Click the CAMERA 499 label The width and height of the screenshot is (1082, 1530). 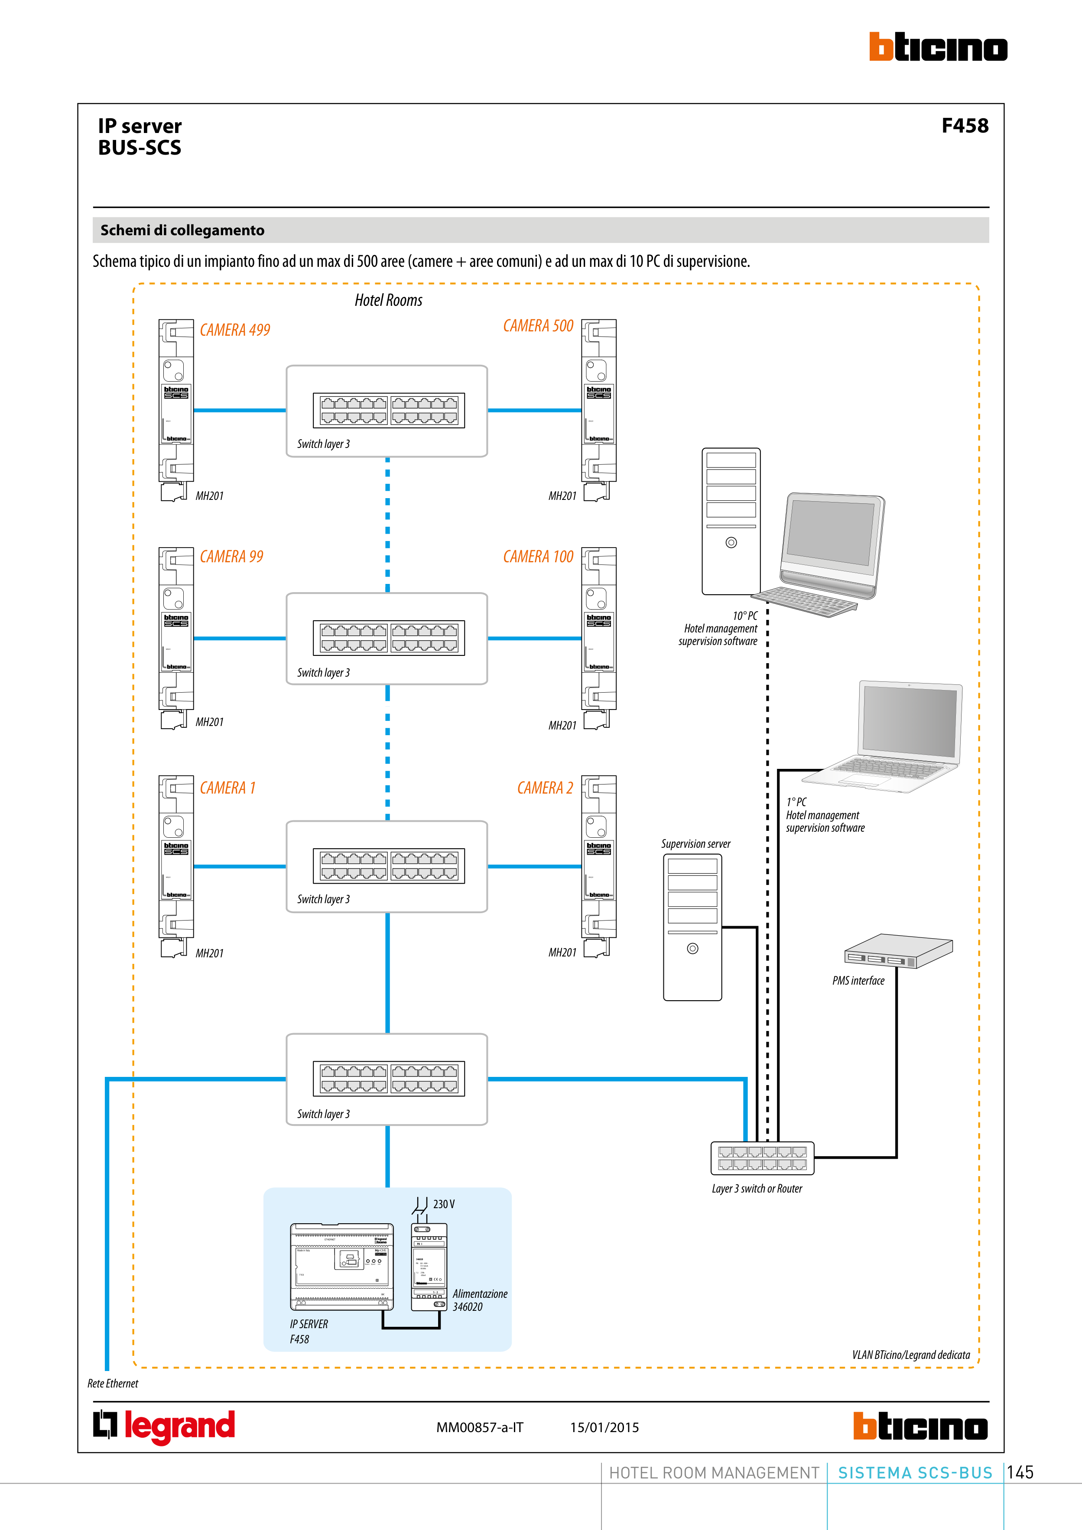pos(235,330)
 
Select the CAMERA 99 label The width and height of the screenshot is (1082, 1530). pos(231,557)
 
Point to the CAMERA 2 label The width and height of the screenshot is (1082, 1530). pos(545,788)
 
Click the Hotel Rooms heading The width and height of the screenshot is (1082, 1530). pos(388,301)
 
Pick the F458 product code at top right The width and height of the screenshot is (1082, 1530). pos(964,126)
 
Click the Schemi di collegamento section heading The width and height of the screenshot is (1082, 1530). pos(182,230)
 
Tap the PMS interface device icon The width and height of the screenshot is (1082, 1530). pos(897,951)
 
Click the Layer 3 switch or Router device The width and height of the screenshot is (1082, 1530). pos(762,1157)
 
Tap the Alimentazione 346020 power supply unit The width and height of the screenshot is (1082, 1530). pos(429,1267)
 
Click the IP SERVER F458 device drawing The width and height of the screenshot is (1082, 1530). pos(341,1266)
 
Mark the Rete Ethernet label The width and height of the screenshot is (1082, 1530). pos(113,1384)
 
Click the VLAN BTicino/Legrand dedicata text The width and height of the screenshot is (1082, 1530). pos(911,1355)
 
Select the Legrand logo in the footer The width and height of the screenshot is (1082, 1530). pos(164,1426)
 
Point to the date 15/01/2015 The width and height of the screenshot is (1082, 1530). pos(604,1427)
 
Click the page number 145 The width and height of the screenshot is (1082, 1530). pos(1020,1472)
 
